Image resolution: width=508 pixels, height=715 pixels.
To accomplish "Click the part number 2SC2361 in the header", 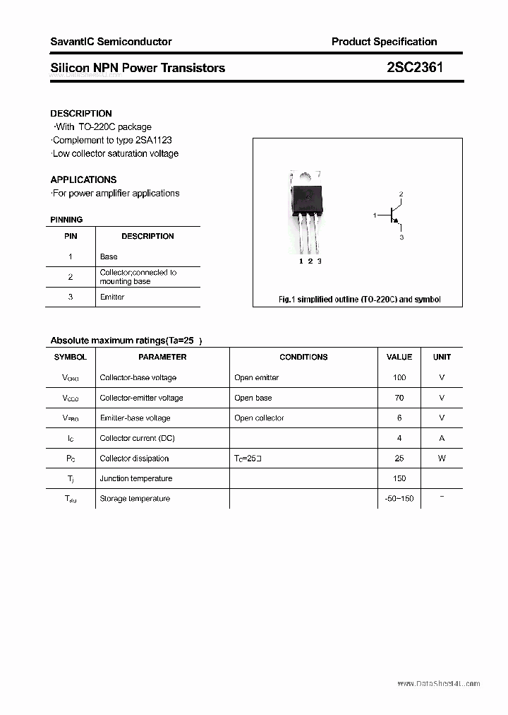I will [416, 68].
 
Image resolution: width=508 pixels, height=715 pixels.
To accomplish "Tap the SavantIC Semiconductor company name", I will [111, 42].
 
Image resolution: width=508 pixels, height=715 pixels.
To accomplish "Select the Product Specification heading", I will [384, 42].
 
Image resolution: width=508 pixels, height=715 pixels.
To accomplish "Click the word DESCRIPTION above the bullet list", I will [81, 113].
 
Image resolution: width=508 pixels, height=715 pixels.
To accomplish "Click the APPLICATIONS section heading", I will [83, 179].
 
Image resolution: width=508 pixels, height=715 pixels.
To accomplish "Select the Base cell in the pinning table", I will [109, 256].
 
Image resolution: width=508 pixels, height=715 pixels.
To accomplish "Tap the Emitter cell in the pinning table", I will [112, 297].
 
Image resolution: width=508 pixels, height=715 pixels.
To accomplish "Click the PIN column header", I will [71, 236].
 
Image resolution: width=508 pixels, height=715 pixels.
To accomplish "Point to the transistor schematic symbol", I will [390, 215].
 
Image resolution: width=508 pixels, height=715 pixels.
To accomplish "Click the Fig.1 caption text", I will [359, 300].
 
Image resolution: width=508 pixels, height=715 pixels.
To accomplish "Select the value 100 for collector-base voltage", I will [399, 377].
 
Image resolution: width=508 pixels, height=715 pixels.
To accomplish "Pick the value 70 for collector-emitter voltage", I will [399, 398].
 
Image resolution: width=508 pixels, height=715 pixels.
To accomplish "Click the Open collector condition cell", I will [259, 418].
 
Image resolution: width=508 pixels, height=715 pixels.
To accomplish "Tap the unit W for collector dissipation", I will [442, 458].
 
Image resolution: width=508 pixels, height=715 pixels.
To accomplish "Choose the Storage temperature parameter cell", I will [135, 498].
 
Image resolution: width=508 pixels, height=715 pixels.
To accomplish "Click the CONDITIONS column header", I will [303, 357].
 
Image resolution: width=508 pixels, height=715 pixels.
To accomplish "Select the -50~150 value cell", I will [399, 498].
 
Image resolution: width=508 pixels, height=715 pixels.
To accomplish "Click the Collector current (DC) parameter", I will [137, 438].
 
